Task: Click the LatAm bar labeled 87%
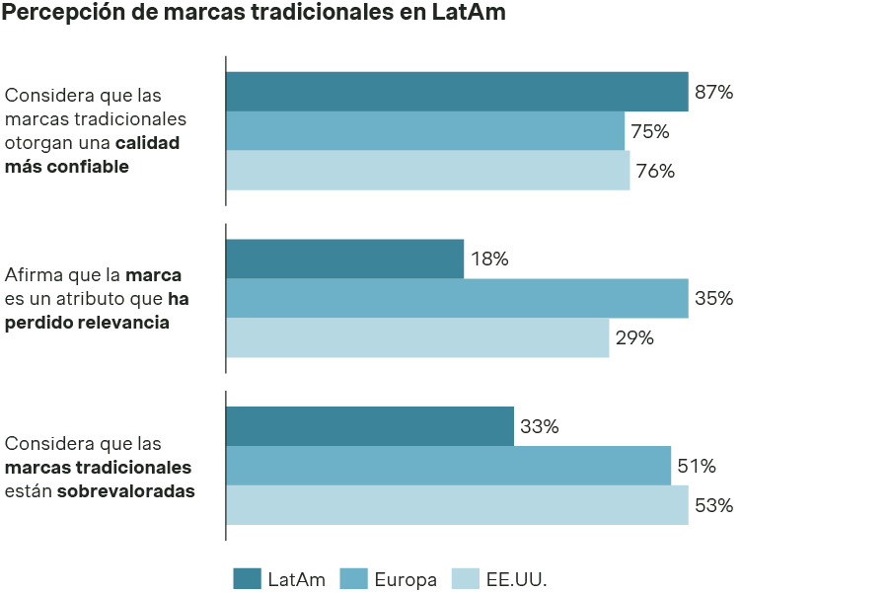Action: click(457, 92)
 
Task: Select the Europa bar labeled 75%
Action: click(425, 131)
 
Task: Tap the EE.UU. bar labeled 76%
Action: click(427, 171)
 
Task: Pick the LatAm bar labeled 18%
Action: click(344, 259)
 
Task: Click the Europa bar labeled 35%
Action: click(457, 299)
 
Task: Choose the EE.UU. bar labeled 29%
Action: click(417, 337)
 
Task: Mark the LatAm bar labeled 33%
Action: click(370, 426)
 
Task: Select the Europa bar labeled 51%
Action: click(448, 466)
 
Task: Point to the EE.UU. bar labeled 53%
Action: click(457, 505)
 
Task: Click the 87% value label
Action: click(713, 93)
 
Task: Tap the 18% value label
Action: click(489, 259)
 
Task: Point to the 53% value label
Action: click(713, 505)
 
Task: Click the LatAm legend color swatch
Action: click(247, 579)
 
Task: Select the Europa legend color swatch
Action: click(353, 579)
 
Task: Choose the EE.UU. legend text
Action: click(516, 580)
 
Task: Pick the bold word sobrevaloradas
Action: click(125, 490)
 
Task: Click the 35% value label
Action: click(713, 299)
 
